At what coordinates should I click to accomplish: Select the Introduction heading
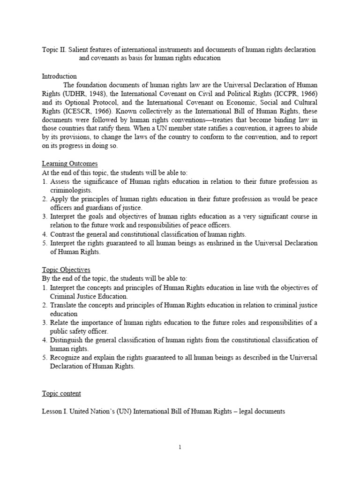point(60,76)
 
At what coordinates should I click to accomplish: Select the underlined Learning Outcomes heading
point(70,164)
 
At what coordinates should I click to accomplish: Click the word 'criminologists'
point(71,190)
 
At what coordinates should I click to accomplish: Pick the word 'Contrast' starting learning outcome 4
point(63,234)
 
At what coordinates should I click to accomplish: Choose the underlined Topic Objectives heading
point(66,270)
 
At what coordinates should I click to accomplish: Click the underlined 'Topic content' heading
point(61,393)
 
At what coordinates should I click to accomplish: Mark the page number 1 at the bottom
point(180,447)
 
